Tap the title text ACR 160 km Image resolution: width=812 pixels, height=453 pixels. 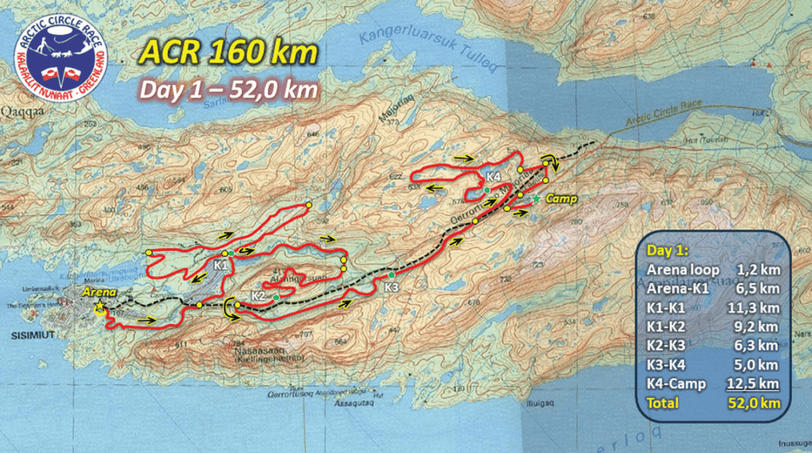click(228, 52)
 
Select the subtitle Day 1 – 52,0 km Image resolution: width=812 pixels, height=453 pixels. click(228, 88)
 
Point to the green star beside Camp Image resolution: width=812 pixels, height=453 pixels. click(537, 198)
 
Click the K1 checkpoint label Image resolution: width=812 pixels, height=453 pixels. click(221, 265)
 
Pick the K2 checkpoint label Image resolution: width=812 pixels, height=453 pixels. click(258, 296)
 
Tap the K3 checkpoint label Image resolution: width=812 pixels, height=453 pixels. click(392, 286)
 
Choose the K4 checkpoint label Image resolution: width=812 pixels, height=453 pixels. click(493, 176)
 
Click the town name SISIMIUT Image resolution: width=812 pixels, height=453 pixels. click(29, 335)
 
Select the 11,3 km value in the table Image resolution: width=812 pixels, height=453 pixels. click(757, 308)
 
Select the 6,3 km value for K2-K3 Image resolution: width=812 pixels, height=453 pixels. click(760, 346)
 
